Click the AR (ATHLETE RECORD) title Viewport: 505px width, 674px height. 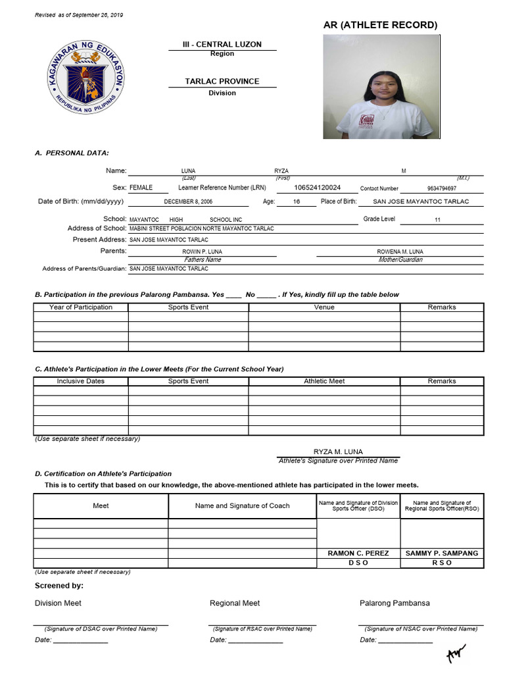coord(379,25)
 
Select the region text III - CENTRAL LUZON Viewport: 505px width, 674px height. coord(222,44)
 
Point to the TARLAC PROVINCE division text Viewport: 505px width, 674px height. coord(222,82)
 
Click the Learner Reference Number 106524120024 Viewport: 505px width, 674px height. coord(318,188)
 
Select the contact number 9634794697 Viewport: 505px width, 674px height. coord(441,188)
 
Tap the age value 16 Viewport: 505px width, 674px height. coord(296,202)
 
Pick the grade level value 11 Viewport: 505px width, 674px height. coord(437,220)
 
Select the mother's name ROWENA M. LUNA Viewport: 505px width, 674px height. coord(400,251)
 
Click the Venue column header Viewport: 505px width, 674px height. coord(324,307)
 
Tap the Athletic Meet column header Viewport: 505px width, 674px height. coord(324,381)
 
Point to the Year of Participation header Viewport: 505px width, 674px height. coord(81,307)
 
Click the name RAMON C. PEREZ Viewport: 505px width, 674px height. coord(358,554)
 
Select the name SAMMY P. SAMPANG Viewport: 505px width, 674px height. coord(442,554)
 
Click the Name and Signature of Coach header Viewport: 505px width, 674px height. coord(242,506)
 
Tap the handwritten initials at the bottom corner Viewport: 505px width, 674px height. coord(456,652)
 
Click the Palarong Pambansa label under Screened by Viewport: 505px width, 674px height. coord(395,603)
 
